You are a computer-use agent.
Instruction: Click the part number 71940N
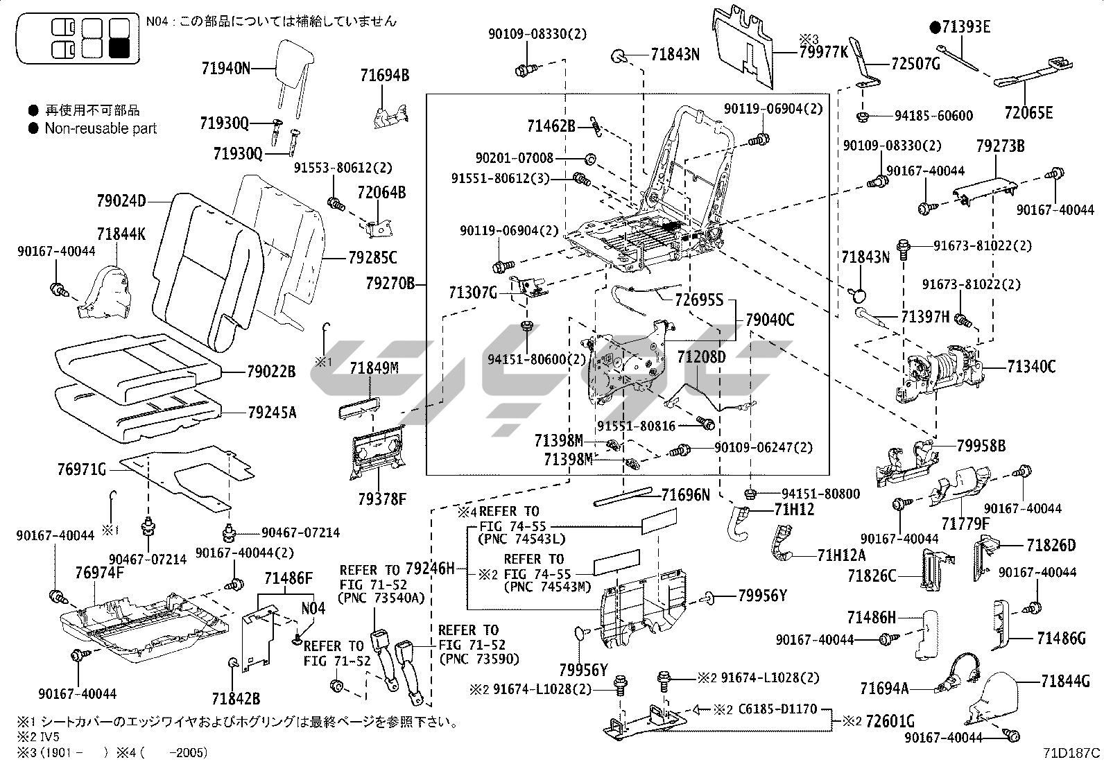[225, 68]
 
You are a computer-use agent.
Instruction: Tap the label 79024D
[121, 202]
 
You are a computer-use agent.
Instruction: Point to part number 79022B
[271, 372]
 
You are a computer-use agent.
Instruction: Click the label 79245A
[272, 413]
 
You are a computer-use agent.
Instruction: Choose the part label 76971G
[82, 471]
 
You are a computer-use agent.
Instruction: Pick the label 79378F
[382, 498]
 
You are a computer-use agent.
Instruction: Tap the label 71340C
[1031, 367]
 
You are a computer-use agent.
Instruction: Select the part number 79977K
[823, 51]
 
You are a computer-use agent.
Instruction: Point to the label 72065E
[1028, 112]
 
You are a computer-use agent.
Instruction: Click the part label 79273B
[1000, 146]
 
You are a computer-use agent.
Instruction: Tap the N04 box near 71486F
[313, 608]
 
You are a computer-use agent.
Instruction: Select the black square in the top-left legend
[120, 48]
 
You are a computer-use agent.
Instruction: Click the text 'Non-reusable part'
[101, 128]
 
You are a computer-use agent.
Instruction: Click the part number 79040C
[770, 320]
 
